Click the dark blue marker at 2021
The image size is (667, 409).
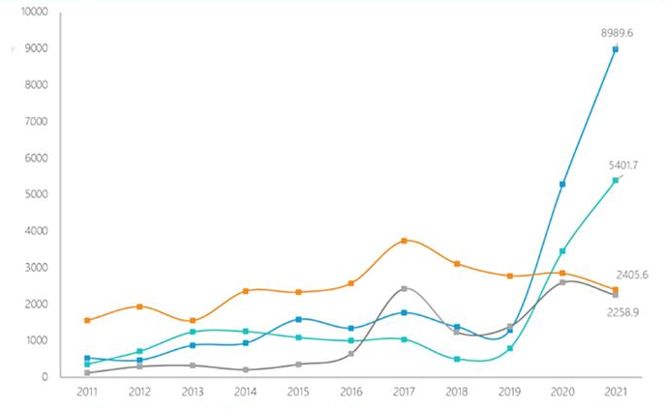[x=615, y=49]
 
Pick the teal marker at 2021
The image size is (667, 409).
[x=615, y=180]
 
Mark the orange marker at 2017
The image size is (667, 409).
[x=404, y=241]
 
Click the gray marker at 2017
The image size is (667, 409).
[x=404, y=289]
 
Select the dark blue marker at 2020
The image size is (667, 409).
[x=562, y=184]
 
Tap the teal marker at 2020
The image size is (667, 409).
[x=562, y=251]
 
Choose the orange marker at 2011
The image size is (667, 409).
[x=87, y=320]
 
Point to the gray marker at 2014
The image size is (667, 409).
[x=246, y=369]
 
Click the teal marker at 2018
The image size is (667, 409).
[x=457, y=359]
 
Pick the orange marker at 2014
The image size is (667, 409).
[x=246, y=291]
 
